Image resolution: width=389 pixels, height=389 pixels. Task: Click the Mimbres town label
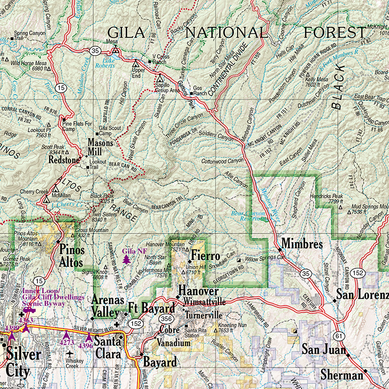[302, 244]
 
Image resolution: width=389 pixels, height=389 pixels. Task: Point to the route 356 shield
[166, 318]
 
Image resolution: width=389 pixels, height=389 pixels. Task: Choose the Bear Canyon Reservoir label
[248, 216]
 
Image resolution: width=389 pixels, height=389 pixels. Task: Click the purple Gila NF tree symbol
[126, 259]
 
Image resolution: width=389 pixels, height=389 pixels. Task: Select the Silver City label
[20, 362]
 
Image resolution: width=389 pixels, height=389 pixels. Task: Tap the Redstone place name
[64, 160]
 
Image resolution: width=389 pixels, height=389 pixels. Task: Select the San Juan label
[324, 349]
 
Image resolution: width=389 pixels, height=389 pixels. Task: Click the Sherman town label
[342, 375]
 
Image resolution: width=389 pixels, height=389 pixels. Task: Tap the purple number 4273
[66, 343]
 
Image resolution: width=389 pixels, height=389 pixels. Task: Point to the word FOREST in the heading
[335, 32]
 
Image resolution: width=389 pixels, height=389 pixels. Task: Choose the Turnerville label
[202, 314]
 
